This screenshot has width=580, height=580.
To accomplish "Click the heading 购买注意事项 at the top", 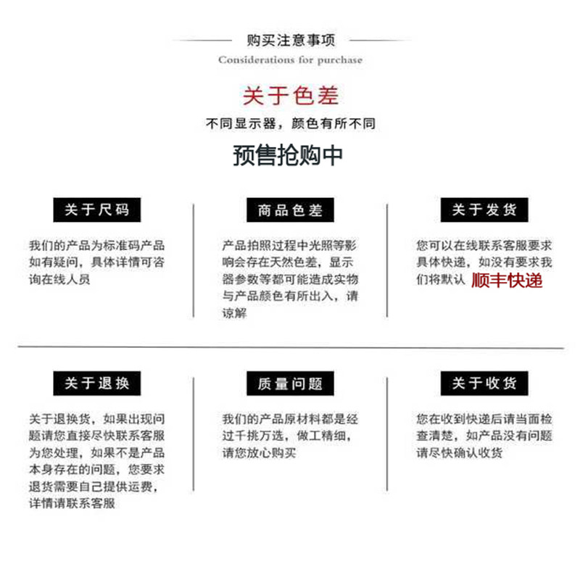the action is (x=290, y=41).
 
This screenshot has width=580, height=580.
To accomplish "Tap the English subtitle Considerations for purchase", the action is (x=290, y=59).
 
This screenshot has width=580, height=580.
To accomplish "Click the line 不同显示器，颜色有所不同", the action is (x=290, y=124).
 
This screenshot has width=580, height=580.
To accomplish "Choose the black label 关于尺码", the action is (x=96, y=210).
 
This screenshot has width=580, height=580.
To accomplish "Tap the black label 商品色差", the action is (x=290, y=211).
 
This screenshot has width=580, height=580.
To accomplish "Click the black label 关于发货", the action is (x=484, y=210).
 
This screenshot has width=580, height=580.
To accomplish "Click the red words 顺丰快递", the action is (x=507, y=280).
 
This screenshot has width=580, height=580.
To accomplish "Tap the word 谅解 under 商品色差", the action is (x=235, y=313).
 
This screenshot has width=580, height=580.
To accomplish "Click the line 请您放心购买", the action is (x=259, y=453).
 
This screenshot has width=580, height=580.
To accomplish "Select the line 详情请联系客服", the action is (x=72, y=503).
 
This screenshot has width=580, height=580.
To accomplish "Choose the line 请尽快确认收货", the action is (x=459, y=453).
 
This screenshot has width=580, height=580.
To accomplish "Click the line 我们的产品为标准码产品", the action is (x=96, y=245).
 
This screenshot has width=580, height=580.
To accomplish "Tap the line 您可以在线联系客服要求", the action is (x=484, y=245).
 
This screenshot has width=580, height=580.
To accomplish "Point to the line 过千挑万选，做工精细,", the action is (x=290, y=436).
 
